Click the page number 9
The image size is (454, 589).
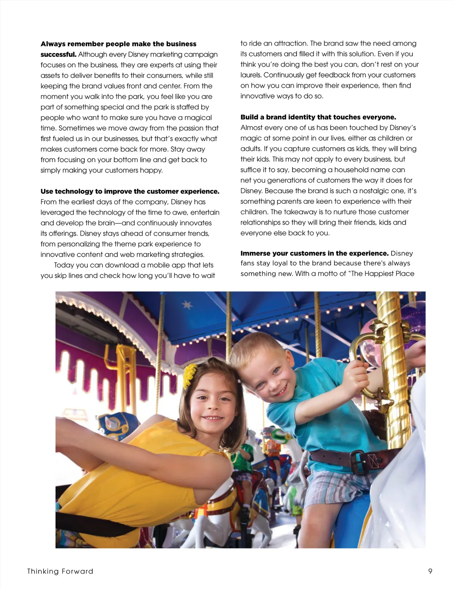point(430,571)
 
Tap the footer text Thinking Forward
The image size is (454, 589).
point(60,571)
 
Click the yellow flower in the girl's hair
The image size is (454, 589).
point(190,375)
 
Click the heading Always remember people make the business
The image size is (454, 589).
point(118,44)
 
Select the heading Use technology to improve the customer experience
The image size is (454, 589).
point(130,191)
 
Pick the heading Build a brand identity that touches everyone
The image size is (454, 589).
point(318,117)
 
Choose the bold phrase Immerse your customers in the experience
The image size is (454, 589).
point(314,253)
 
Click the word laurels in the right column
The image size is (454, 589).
point(251,75)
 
